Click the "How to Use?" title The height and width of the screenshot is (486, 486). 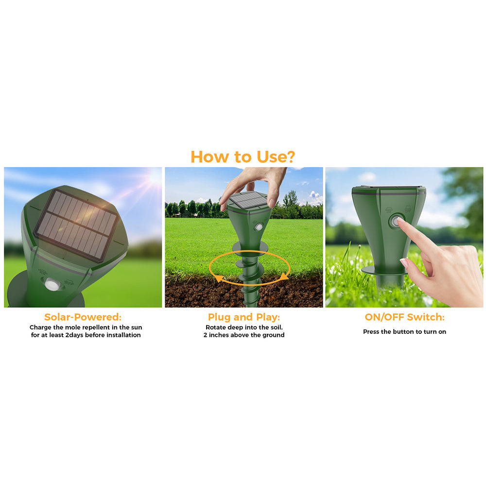pyautogui.click(x=243, y=156)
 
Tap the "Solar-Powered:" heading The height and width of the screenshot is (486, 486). pyautogui.click(x=83, y=317)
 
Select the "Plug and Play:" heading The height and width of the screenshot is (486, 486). pyautogui.click(x=244, y=317)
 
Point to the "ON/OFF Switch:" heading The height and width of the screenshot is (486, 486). pyautogui.click(x=404, y=317)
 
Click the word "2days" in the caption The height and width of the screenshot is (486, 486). pyautogui.click(x=74, y=335)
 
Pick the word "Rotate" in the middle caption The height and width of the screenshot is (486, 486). pyautogui.click(x=216, y=327)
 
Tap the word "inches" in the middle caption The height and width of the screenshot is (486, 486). pyautogui.click(x=219, y=335)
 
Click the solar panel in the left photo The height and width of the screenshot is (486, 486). pyautogui.click(x=76, y=226)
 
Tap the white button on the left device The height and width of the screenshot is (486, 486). pyautogui.click(x=52, y=284)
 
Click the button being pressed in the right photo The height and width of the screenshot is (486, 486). pyautogui.click(x=396, y=221)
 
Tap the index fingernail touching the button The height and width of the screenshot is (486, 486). pyautogui.click(x=400, y=220)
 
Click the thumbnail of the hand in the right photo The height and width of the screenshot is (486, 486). pyautogui.click(x=403, y=263)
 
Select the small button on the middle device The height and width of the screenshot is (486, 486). pyautogui.click(x=259, y=226)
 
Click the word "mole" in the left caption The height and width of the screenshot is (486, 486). pyautogui.click(x=72, y=327)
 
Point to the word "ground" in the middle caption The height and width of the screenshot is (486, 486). pyautogui.click(x=273, y=335)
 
